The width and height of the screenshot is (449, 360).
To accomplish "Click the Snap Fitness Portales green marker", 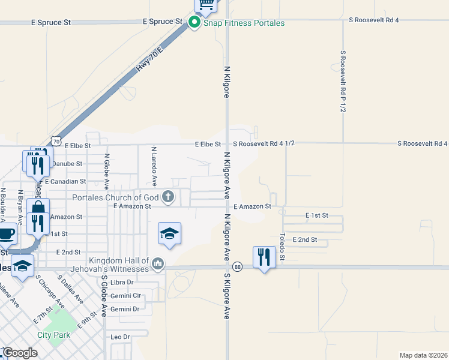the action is coord(194,23).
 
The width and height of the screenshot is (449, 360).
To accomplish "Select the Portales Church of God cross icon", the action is coord(169,197).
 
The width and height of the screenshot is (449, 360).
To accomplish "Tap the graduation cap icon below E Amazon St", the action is coord(169,233).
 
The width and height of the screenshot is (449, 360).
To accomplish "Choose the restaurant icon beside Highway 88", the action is coord(264,257).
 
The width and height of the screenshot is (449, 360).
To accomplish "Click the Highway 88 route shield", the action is coord(238,267).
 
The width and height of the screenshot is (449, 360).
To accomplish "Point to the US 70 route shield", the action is coord(55,140).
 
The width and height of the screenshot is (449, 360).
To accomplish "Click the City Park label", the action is coord(53,335).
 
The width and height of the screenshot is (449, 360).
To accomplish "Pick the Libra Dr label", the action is coord(122,282).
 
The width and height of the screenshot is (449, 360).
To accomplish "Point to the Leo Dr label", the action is coord(120,337).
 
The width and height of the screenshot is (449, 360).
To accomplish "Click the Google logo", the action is coord(20,353).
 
